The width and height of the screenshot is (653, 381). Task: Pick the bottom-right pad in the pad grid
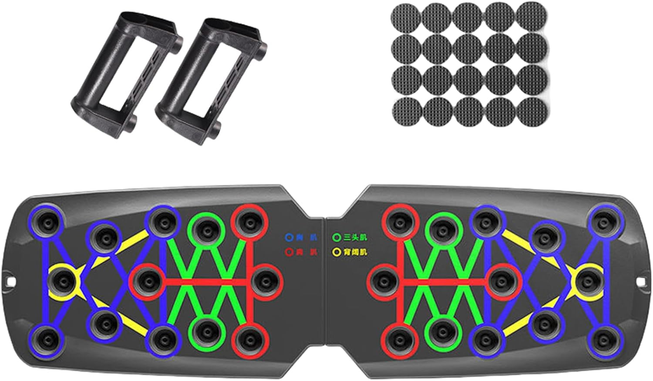click(x=532, y=111)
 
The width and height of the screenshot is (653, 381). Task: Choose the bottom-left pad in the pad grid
click(x=407, y=111)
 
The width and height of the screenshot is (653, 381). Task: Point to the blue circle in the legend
click(x=288, y=238)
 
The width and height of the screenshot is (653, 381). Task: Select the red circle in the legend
click(x=288, y=252)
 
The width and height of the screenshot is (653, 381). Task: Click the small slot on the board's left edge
click(x=10, y=281)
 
